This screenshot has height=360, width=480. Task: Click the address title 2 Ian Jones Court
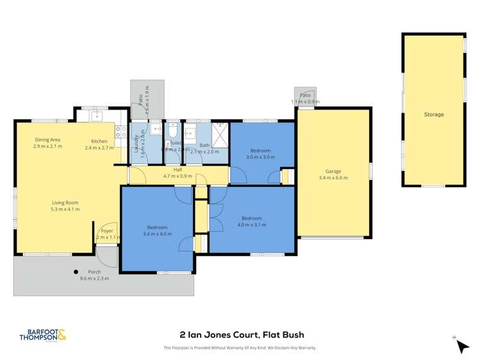click(240, 334)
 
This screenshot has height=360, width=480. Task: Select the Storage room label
click(433, 115)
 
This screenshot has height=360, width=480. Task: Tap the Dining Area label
click(47, 140)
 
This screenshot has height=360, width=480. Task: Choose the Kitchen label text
click(99, 141)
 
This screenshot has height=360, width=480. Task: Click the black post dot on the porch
click(76, 271)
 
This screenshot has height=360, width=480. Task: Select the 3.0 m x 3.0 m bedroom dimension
click(261, 157)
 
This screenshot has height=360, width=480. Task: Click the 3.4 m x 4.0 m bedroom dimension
click(157, 234)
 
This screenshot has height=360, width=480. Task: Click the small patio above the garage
click(305, 96)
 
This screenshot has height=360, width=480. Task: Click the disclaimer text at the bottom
click(240, 348)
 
